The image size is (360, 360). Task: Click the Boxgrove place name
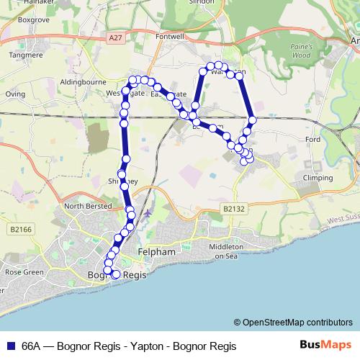tap(33, 20)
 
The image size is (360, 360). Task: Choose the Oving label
tap(15, 94)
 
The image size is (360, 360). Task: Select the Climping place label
tap(318, 177)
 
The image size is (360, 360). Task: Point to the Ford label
tap(312, 139)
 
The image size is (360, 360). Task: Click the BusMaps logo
tap(326, 346)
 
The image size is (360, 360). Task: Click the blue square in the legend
tap(11, 346)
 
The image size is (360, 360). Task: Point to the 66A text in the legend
tap(32, 346)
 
